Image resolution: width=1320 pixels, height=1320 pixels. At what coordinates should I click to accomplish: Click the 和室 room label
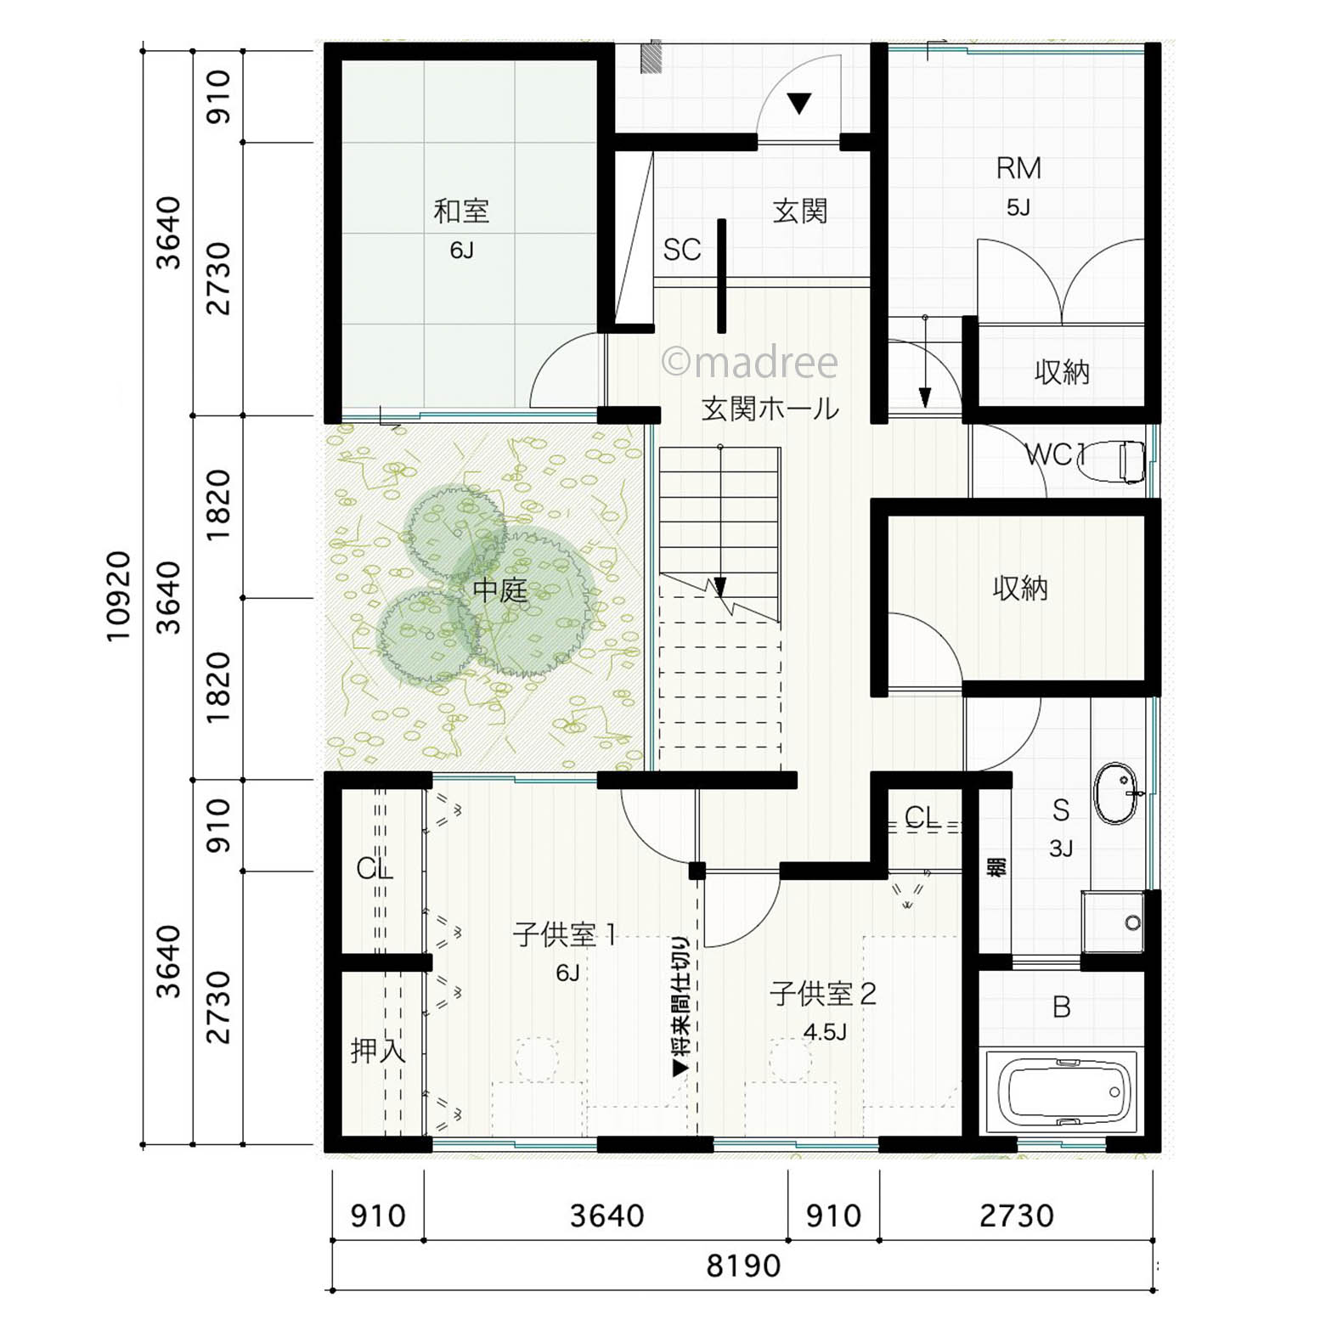click(x=461, y=211)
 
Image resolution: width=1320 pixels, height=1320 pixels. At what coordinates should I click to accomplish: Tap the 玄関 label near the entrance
click(x=799, y=211)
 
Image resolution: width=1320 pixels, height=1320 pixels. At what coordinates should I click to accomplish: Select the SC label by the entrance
click(x=682, y=250)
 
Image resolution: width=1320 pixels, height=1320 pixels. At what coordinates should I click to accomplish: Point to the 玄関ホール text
click(x=770, y=409)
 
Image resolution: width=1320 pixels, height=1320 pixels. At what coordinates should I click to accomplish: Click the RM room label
click(x=1018, y=168)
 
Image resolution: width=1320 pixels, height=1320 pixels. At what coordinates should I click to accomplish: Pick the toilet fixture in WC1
click(x=1129, y=461)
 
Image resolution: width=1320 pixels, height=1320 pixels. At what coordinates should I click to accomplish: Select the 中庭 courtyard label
click(x=500, y=590)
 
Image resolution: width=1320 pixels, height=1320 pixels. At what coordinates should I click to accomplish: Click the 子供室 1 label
click(x=565, y=935)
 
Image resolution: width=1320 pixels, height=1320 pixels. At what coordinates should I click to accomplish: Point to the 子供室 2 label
click(x=822, y=993)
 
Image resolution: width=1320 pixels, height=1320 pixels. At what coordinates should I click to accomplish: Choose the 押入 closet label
click(x=378, y=1052)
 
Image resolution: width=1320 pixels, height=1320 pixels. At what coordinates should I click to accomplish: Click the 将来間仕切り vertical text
click(x=681, y=1007)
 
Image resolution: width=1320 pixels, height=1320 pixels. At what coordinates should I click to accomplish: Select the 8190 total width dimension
click(x=743, y=1266)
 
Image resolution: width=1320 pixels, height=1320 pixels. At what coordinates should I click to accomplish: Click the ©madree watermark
click(x=749, y=363)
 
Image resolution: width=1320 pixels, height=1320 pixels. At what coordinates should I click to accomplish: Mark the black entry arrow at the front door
click(x=798, y=103)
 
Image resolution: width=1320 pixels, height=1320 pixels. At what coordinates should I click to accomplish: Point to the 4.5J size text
click(x=825, y=1032)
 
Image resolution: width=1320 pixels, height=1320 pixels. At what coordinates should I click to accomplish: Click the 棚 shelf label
click(x=996, y=867)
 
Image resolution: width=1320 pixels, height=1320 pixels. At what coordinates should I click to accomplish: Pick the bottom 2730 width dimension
click(x=1016, y=1216)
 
